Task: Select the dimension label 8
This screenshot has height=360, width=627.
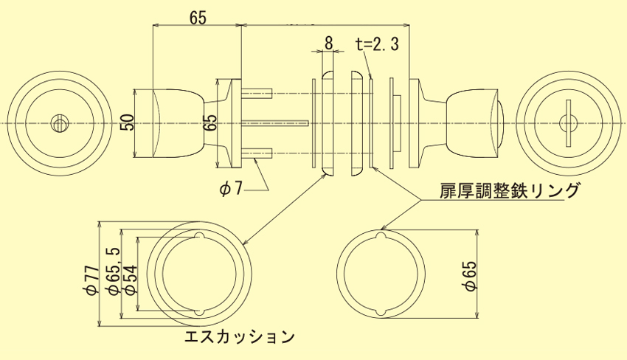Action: [328, 41]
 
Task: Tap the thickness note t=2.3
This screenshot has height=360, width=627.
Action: [376, 44]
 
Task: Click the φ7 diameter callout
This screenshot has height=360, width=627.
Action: [231, 189]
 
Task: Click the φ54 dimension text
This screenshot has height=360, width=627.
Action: [130, 280]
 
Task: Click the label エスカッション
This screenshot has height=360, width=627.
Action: [240, 338]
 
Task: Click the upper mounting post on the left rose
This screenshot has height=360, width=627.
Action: [258, 94]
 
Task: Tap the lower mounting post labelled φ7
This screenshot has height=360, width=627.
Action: [258, 153]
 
